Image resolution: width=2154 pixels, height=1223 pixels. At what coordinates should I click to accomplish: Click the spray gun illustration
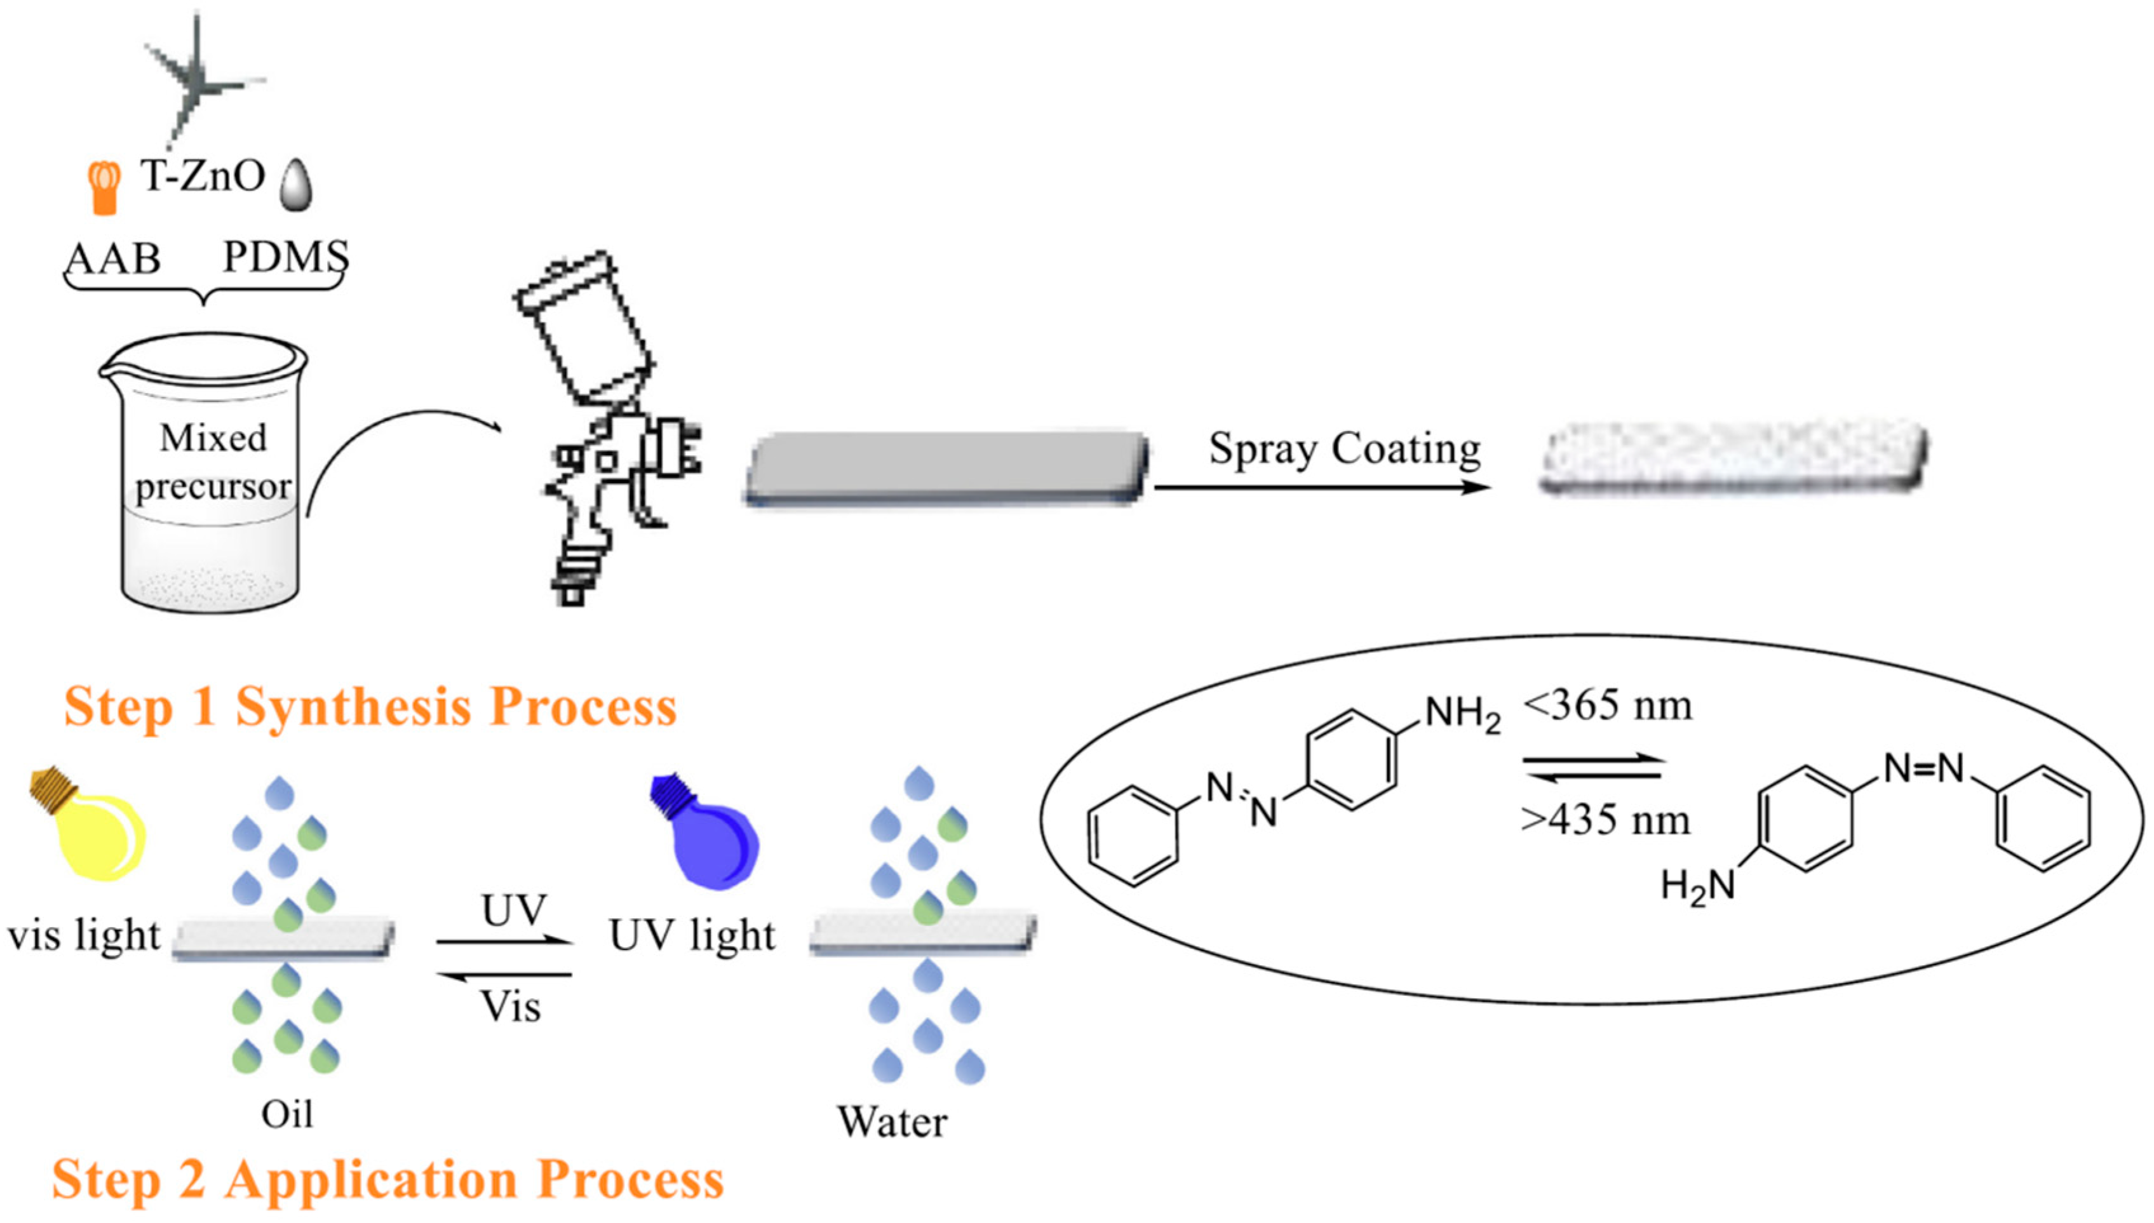(x=605, y=429)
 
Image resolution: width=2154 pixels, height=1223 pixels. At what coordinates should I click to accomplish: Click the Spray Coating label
(x=1344, y=450)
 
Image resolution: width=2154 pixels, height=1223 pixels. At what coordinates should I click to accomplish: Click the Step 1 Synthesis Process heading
(x=370, y=706)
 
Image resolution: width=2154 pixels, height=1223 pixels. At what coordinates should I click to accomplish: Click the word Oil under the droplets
(x=286, y=1114)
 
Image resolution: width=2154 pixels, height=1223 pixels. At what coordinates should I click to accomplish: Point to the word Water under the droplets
(x=892, y=1122)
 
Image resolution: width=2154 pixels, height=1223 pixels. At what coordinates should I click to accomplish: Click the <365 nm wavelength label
(x=1607, y=705)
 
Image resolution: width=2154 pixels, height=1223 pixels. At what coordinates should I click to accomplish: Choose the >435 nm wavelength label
(x=1605, y=820)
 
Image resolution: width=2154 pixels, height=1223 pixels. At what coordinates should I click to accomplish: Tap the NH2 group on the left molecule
(x=1462, y=716)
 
